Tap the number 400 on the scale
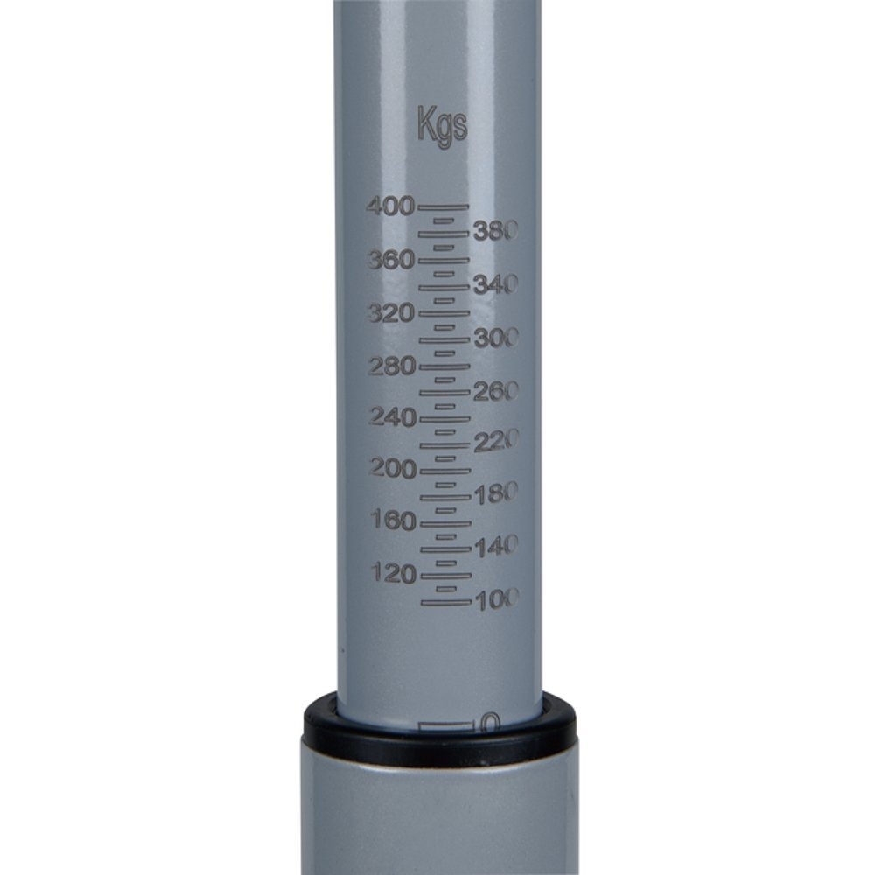[x=390, y=207]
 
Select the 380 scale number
[x=496, y=231]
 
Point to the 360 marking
[x=390, y=260]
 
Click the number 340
[x=496, y=284]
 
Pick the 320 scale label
[x=390, y=313]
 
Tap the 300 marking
[x=496, y=338]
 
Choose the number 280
[x=390, y=367]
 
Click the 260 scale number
[x=496, y=391]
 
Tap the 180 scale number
[x=496, y=494]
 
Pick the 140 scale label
[x=496, y=547]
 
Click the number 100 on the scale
[x=496, y=599]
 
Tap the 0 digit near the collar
[x=491, y=723]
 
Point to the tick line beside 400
[x=444, y=207]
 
